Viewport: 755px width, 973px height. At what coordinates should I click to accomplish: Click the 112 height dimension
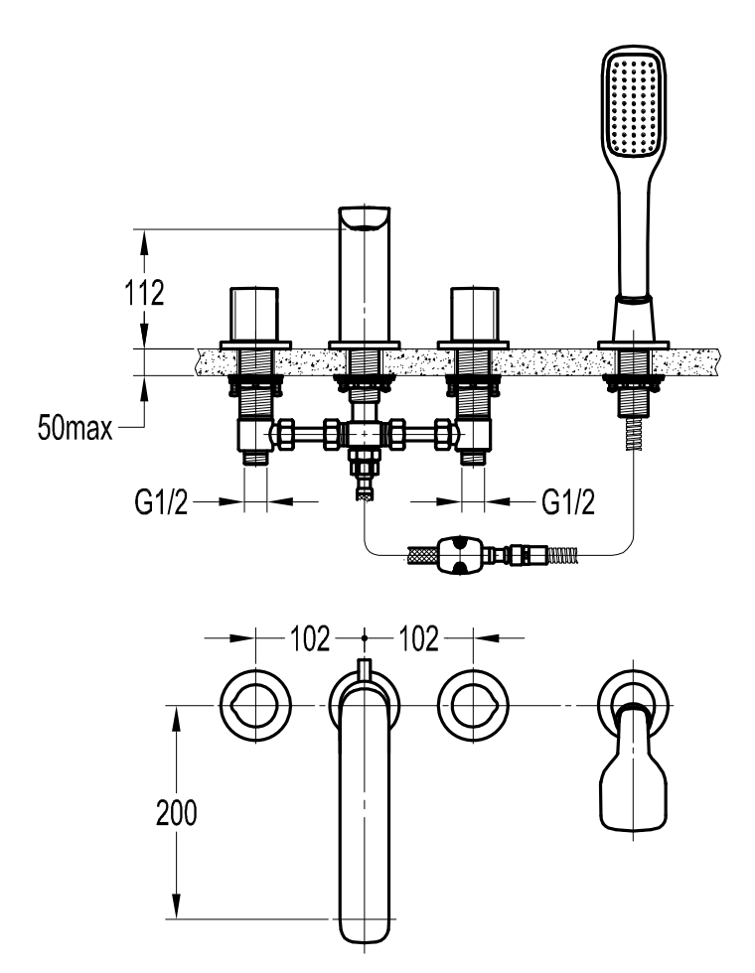(145, 292)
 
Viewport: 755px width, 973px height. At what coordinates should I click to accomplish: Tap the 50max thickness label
(75, 428)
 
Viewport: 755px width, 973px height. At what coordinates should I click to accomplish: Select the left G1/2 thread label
(161, 501)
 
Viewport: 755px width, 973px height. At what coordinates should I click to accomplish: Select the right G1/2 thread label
(568, 501)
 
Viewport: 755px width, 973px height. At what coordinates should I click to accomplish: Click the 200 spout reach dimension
(177, 812)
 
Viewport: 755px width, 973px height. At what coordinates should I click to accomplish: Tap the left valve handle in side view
(254, 315)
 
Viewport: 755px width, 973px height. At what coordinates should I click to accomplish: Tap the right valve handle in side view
(475, 315)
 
